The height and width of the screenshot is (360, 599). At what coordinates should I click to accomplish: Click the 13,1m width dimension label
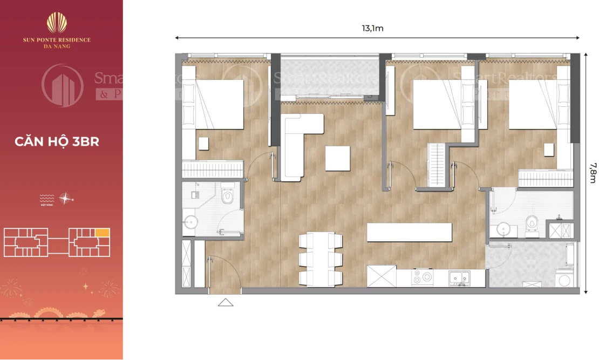point(372,29)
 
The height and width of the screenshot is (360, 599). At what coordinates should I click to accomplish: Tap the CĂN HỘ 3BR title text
point(57,142)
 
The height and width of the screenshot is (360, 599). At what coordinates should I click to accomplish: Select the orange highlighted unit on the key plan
point(103,233)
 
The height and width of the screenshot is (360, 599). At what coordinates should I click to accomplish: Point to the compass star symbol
point(65,198)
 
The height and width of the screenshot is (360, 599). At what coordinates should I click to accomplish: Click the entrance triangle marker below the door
point(226,302)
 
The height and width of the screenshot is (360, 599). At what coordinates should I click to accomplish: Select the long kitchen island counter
point(409,232)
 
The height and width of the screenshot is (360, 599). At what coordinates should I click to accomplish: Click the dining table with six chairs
point(321,259)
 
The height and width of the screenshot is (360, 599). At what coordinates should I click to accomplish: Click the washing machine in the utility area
point(564,279)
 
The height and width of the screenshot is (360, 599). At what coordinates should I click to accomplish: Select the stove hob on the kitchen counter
point(423,277)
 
